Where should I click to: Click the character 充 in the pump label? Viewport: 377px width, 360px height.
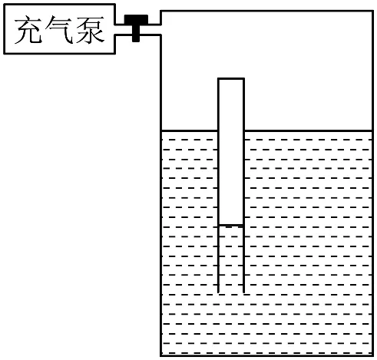(x=28, y=30)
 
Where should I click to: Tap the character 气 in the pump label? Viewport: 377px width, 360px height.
(x=59, y=30)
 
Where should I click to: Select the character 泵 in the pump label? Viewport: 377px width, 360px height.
(x=90, y=30)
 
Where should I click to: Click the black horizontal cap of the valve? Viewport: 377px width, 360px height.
(x=136, y=19)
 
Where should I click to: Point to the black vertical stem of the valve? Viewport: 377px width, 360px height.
(x=136, y=33)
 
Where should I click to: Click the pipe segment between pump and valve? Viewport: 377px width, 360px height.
(x=124, y=30)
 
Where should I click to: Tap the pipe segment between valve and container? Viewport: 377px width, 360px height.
(x=150, y=30)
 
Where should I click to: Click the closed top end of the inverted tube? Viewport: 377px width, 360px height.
(x=231, y=79)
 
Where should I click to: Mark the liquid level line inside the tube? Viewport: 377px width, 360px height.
(x=231, y=226)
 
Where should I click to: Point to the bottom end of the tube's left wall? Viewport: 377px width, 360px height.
(x=218, y=292)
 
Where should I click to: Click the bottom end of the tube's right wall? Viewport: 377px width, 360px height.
(x=243, y=292)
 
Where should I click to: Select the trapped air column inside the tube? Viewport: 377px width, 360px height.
(x=231, y=152)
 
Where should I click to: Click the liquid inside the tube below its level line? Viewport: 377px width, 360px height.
(x=231, y=259)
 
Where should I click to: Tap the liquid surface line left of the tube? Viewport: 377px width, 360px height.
(x=190, y=131)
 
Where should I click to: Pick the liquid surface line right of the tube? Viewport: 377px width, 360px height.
(x=308, y=131)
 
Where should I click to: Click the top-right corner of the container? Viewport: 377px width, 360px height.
(x=372, y=11)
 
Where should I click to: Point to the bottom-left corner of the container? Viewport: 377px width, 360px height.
(x=160, y=355)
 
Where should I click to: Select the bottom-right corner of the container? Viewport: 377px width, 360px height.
(x=372, y=355)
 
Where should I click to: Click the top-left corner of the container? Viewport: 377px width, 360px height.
(x=160, y=11)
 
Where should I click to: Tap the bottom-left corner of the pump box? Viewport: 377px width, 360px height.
(x=5, y=53)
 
